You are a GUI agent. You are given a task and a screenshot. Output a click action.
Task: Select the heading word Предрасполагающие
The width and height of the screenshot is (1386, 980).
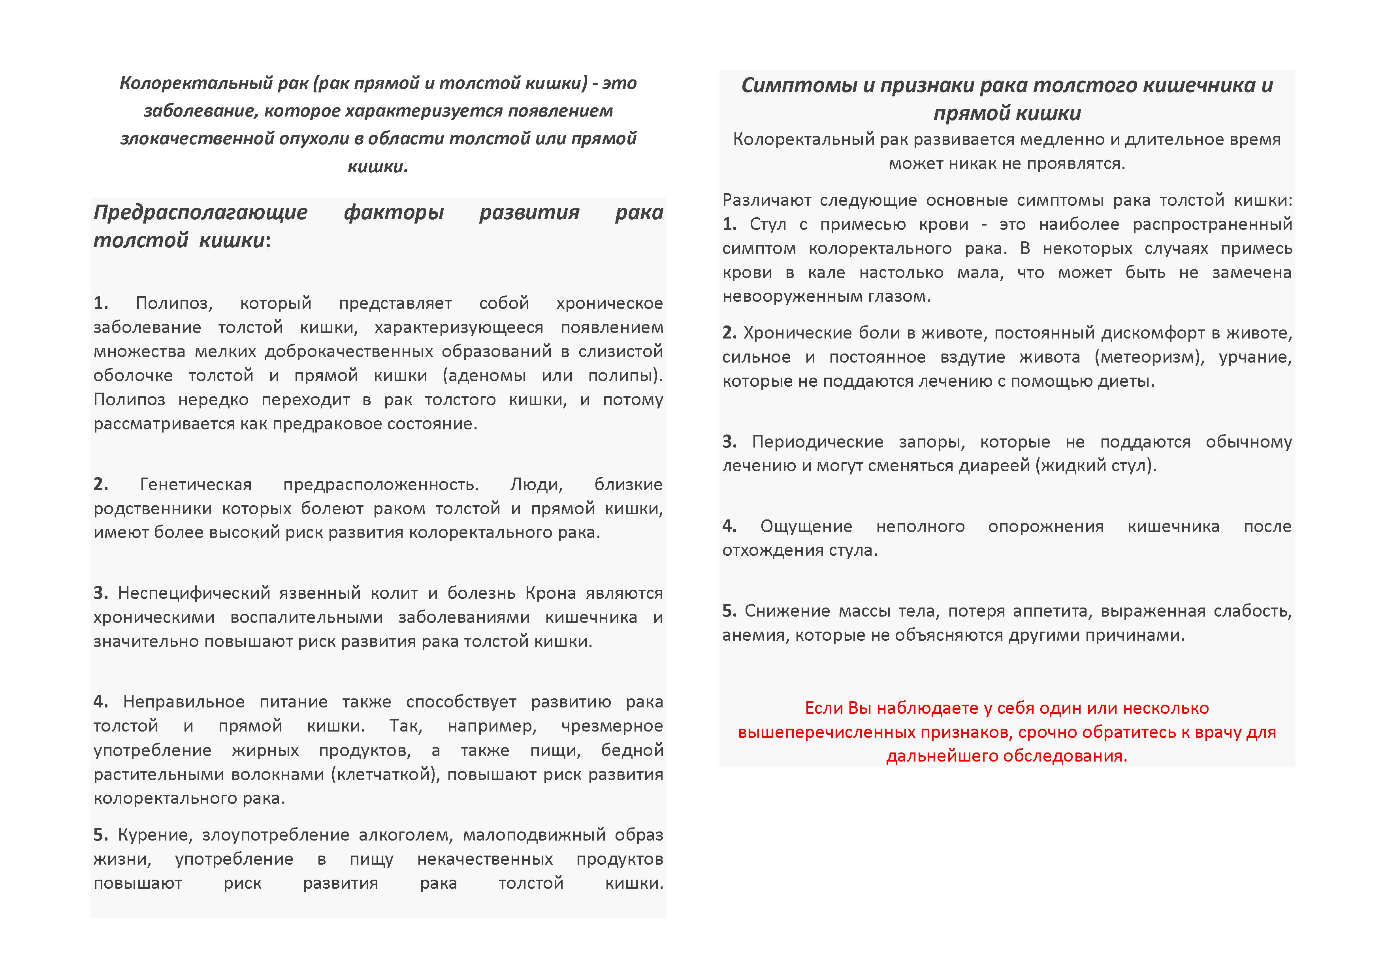(x=200, y=213)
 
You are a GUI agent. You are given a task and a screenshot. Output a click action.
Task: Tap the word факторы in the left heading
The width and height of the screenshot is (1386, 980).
(x=394, y=213)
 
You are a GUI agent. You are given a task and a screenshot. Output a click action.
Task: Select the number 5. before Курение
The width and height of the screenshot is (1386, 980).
(x=101, y=835)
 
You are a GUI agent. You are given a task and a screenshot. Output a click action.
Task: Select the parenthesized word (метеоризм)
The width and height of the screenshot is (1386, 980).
(x=1149, y=357)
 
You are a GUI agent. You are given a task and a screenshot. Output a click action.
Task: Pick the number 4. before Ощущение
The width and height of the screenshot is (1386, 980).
(x=729, y=526)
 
